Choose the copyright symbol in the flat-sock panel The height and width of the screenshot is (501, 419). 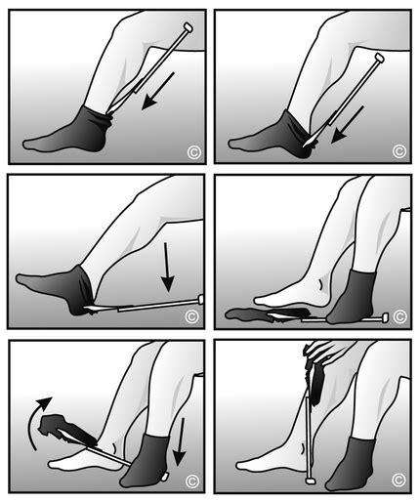pyautogui.click(x=398, y=315)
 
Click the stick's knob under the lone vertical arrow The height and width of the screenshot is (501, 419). pyautogui.click(x=200, y=299)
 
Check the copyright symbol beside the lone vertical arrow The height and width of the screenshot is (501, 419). pyautogui.click(x=192, y=315)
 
